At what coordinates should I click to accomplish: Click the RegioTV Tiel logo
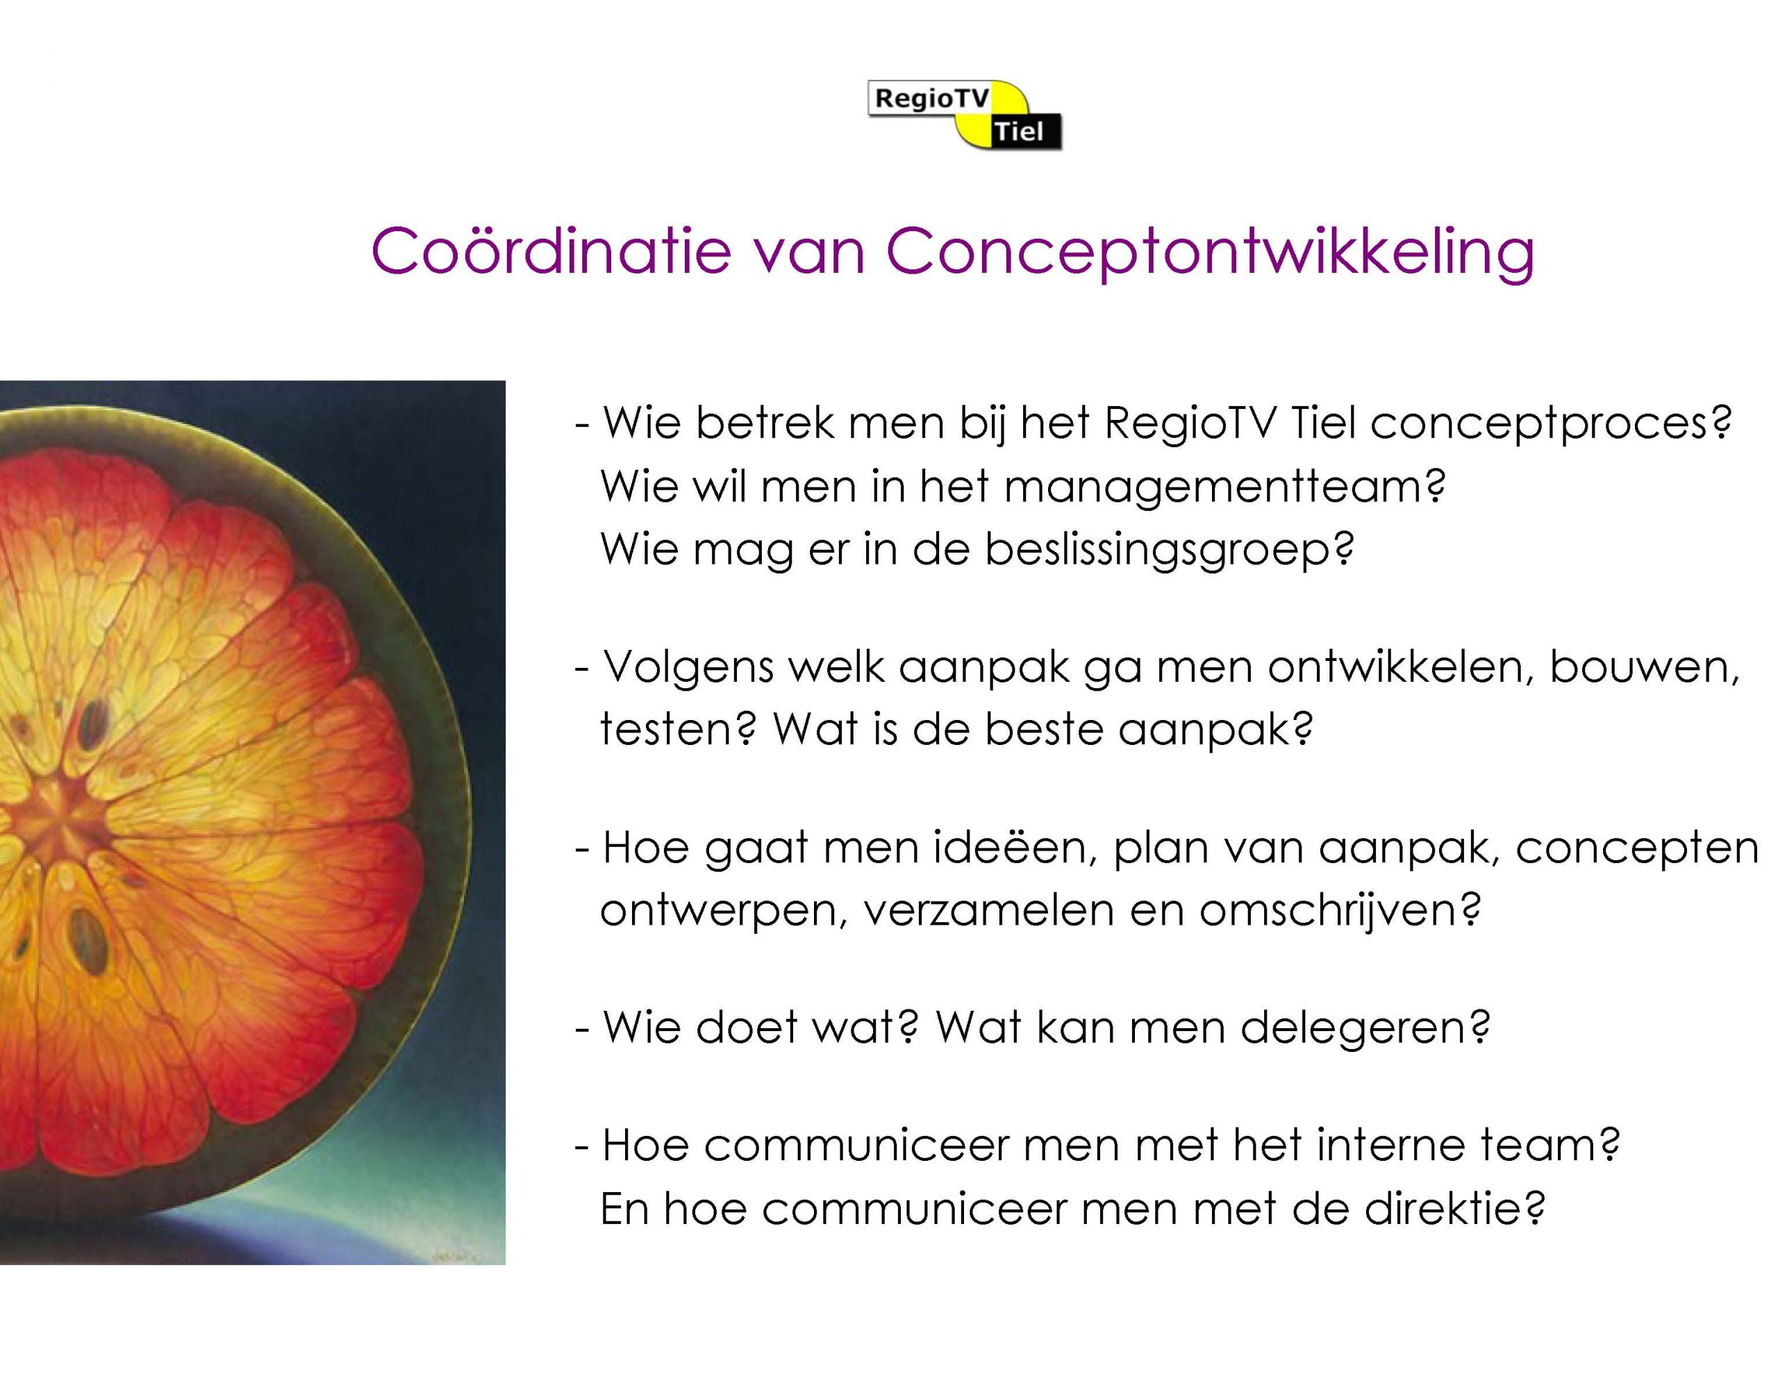tap(965, 115)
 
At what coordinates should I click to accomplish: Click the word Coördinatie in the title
tap(551, 250)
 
